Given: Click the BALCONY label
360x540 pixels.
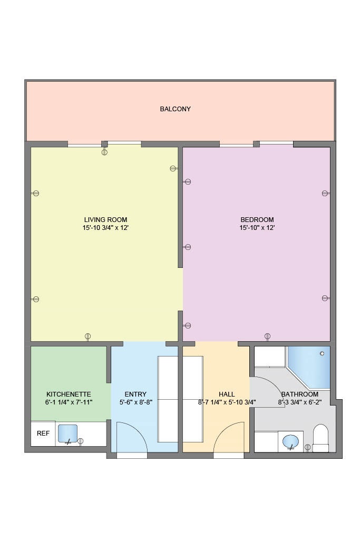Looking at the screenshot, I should pyautogui.click(x=175, y=109).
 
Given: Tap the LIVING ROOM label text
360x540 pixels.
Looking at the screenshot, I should pyautogui.click(x=105, y=220).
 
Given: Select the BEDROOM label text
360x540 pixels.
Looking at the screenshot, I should pyautogui.click(x=257, y=220).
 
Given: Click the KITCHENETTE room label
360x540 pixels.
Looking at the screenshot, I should pyautogui.click(x=69, y=394).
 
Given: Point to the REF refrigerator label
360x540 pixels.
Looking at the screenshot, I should pyautogui.click(x=42, y=433).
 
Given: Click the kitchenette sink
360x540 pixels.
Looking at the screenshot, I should pyautogui.click(x=67, y=433).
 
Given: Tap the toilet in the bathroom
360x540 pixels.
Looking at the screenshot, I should pyautogui.click(x=320, y=438).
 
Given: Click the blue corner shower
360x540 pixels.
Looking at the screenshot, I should pyautogui.click(x=311, y=365).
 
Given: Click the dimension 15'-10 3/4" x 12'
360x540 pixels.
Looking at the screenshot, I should pyautogui.click(x=105, y=228).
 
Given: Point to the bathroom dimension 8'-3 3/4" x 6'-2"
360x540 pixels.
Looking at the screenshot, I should pyautogui.click(x=299, y=402).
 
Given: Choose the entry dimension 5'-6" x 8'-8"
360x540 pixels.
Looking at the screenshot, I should pyautogui.click(x=135, y=402).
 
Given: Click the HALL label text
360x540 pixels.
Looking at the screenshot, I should pyautogui.click(x=227, y=394).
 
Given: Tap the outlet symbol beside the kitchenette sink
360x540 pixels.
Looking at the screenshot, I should pyautogui.click(x=81, y=441).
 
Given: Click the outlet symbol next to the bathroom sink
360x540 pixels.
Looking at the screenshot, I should pyautogui.click(x=308, y=447).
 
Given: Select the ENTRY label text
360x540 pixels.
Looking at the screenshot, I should pyautogui.click(x=135, y=394).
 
